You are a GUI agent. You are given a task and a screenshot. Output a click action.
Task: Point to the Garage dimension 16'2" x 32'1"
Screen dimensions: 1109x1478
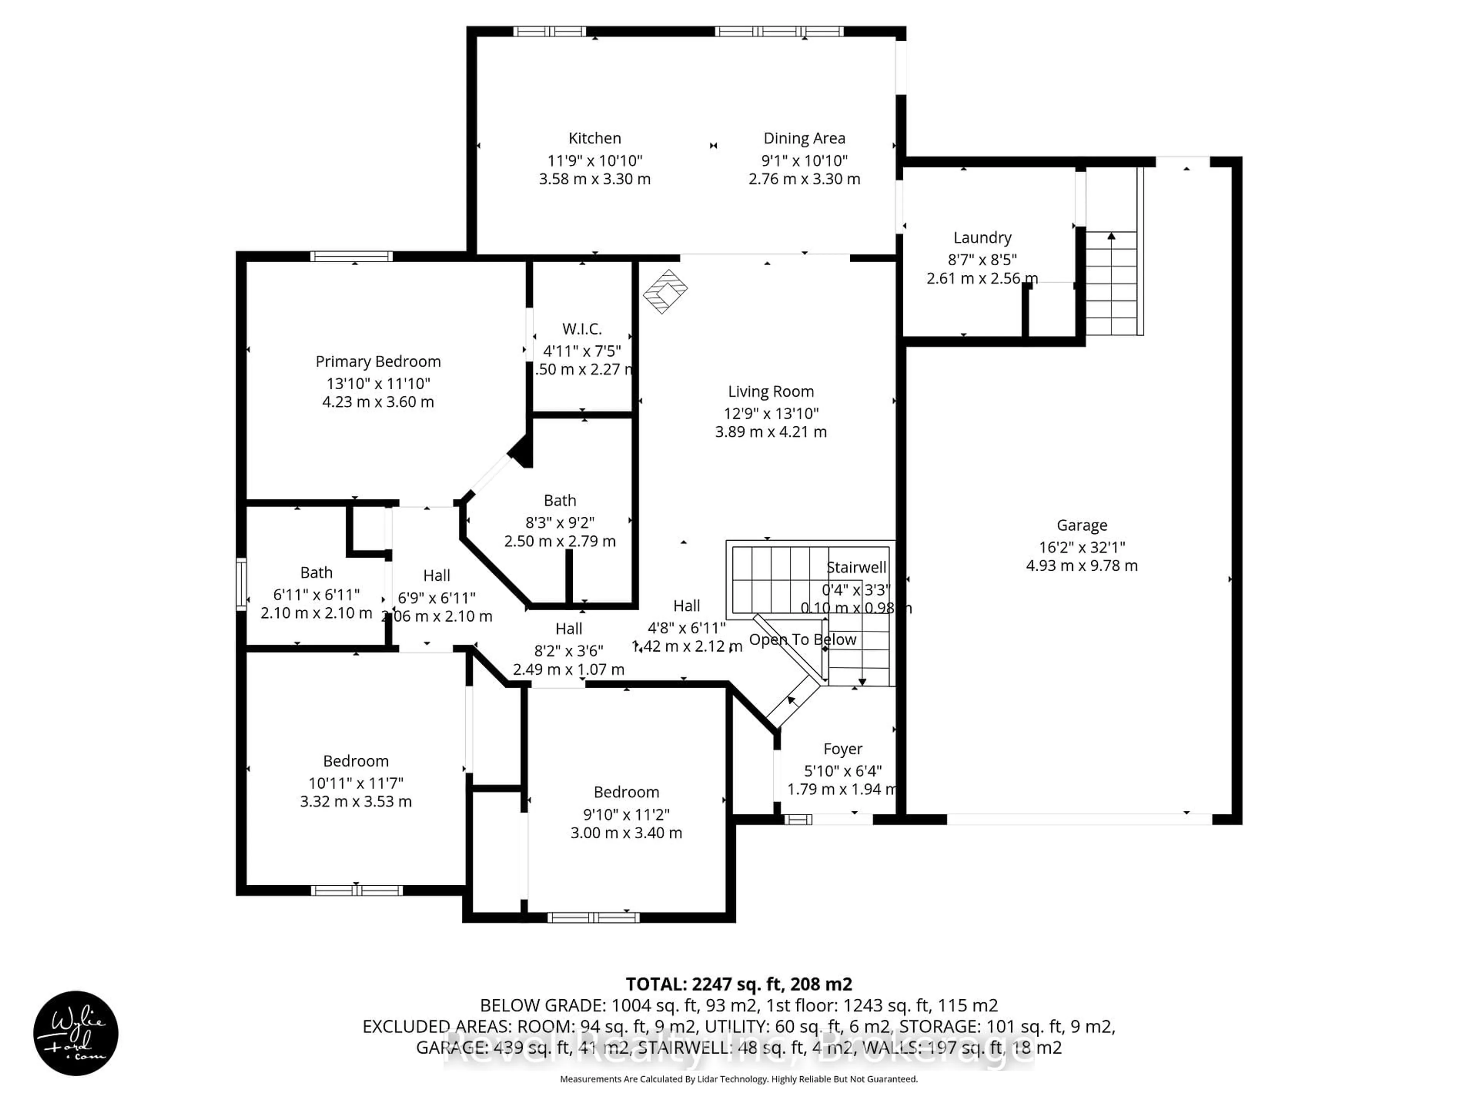[x=1082, y=547]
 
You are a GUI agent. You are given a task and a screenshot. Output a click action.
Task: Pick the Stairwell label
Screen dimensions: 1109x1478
[x=856, y=568]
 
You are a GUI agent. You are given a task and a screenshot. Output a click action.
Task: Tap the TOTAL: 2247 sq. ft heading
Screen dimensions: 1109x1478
[x=738, y=984]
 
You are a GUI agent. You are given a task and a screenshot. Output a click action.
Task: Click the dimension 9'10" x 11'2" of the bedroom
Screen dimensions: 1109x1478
[x=626, y=814]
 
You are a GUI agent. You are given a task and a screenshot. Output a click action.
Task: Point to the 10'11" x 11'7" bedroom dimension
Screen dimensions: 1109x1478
[x=356, y=783]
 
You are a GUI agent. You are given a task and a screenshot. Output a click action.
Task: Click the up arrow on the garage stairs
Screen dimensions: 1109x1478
[x=1111, y=236]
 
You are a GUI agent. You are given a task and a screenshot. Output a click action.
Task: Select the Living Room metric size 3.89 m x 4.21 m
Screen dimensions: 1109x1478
[x=771, y=432]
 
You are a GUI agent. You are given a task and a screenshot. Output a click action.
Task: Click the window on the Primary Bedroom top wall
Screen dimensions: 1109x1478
[x=351, y=256]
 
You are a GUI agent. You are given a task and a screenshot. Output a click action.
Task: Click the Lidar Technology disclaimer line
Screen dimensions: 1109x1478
[x=738, y=1079]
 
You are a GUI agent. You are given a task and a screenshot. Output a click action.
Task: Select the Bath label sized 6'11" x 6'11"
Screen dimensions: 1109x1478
[x=316, y=573]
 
